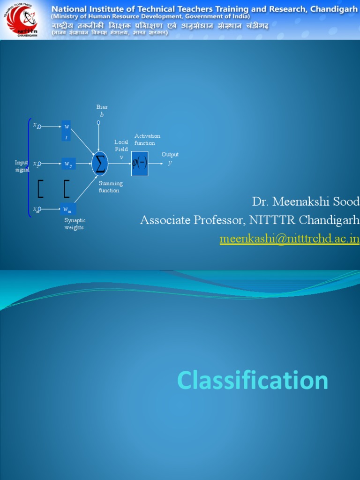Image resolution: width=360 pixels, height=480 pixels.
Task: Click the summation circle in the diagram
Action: click(99, 164)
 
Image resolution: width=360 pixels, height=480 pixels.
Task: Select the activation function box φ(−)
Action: click(140, 164)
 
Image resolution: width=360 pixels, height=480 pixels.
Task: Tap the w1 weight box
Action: click(67, 131)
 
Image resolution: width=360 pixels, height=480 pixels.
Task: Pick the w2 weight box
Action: click(68, 164)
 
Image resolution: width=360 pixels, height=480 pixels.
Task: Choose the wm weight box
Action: click(68, 209)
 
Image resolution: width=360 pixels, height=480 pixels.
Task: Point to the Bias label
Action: click(102, 107)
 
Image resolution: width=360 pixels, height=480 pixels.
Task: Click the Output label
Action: click(170, 154)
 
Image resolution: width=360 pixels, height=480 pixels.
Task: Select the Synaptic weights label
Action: click(75, 224)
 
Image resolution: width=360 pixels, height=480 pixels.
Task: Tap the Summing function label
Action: click(111, 187)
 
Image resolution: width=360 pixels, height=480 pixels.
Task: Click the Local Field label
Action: click(121, 145)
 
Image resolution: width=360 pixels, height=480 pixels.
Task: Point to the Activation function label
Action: click(147, 139)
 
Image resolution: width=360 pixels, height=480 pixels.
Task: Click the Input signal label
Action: click(22, 166)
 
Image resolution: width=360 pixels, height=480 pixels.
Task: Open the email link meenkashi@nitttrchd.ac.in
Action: click(290, 239)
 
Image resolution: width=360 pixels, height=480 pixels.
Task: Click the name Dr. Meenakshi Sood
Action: click(306, 202)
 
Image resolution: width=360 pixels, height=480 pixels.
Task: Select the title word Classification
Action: click(253, 380)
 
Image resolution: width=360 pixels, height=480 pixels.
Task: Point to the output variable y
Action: click(170, 163)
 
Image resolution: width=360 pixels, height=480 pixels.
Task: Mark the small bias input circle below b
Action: click(98, 123)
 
